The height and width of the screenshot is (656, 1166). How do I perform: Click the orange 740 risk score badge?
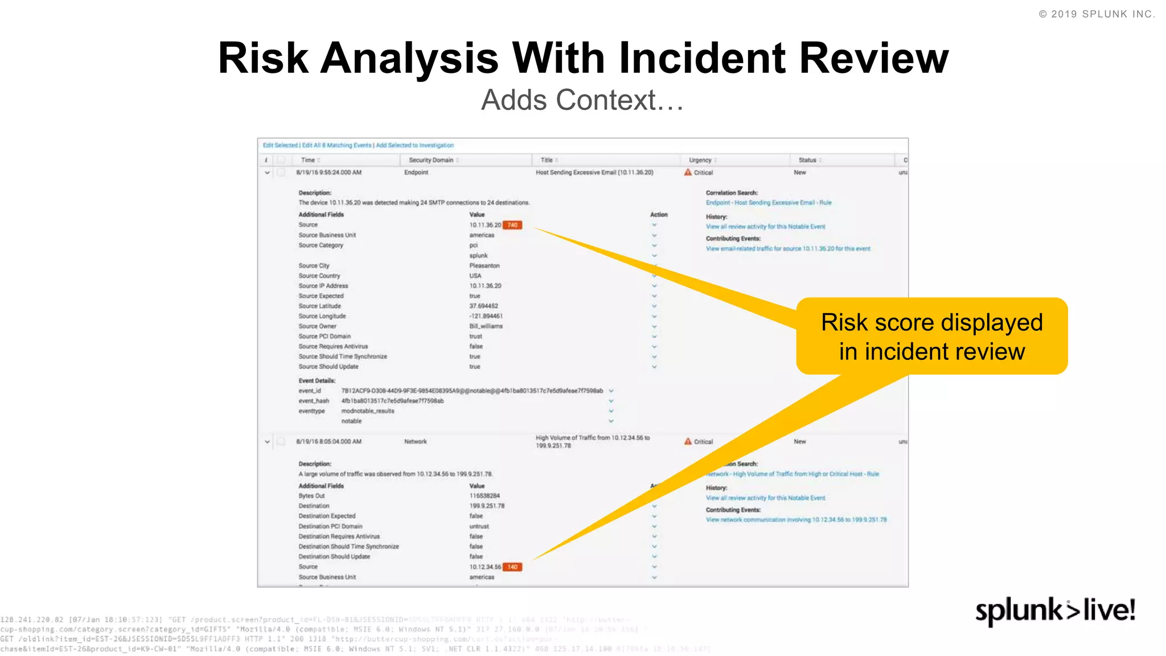(x=512, y=225)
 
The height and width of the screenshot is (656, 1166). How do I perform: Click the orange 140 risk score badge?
(x=512, y=567)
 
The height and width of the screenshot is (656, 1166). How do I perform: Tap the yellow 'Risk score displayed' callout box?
(x=931, y=337)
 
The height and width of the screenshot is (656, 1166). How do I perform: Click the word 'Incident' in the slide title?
(x=704, y=58)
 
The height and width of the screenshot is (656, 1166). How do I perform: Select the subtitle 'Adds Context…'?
(x=582, y=100)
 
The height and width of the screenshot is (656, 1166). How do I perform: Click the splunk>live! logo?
(x=1055, y=611)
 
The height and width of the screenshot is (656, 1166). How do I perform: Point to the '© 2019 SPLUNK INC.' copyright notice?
(x=1097, y=14)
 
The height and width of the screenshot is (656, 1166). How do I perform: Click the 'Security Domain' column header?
(x=431, y=160)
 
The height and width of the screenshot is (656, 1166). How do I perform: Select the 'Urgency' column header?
(x=700, y=160)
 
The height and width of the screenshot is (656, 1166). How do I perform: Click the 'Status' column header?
(x=807, y=160)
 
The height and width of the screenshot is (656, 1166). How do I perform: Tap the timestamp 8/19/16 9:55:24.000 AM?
(x=329, y=173)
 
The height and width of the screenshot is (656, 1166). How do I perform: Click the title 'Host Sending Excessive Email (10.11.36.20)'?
(x=594, y=173)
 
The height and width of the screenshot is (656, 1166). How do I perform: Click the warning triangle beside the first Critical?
(x=688, y=172)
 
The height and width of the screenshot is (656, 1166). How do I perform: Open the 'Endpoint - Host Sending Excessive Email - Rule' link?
(x=768, y=203)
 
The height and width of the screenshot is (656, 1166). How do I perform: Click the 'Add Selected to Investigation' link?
(x=414, y=145)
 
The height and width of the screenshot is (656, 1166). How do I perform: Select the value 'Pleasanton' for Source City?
(x=484, y=266)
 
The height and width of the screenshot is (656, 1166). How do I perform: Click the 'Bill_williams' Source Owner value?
(x=486, y=326)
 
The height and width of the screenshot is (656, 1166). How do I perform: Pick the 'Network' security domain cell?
(x=415, y=441)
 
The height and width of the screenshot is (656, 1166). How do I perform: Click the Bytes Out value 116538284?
(x=484, y=496)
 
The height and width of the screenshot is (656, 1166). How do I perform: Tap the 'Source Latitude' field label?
(x=319, y=306)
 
